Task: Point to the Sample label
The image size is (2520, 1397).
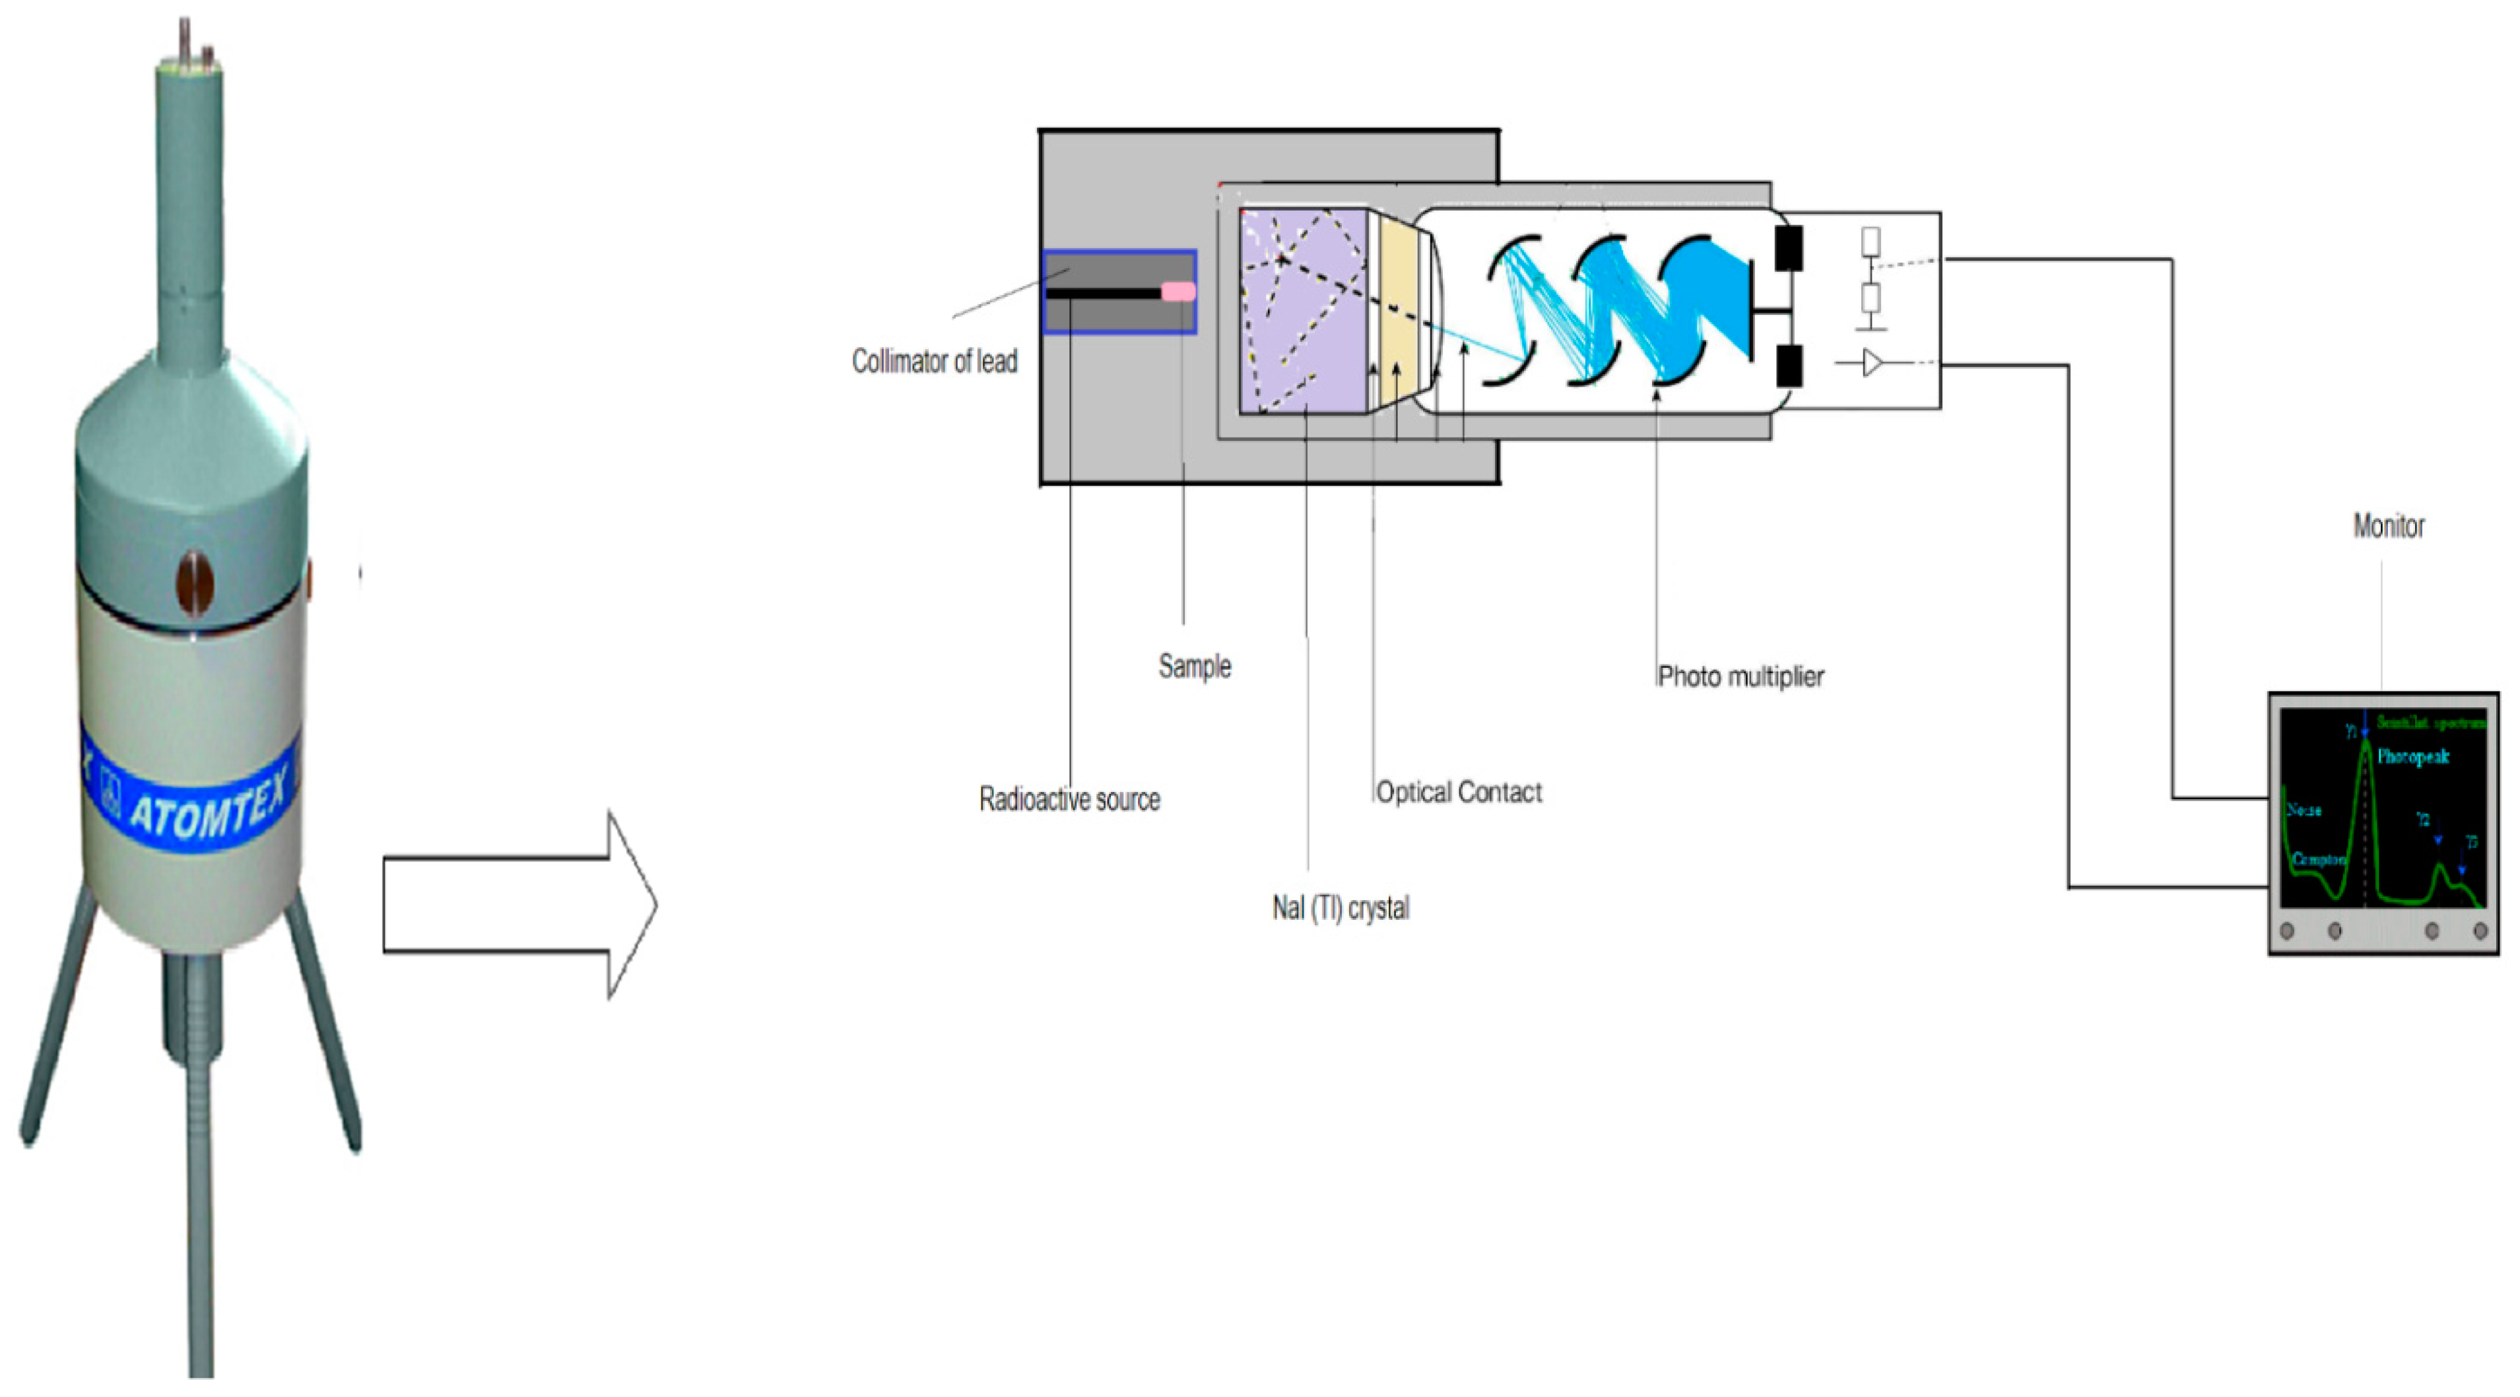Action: coord(1195,667)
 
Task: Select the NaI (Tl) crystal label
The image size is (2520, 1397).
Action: coord(1341,909)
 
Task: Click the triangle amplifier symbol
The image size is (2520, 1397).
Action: coord(1871,363)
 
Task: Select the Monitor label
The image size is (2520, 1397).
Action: coord(2388,527)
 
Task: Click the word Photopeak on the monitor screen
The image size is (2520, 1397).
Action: coord(2412,756)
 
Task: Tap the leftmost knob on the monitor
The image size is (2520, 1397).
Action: coord(2287,930)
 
